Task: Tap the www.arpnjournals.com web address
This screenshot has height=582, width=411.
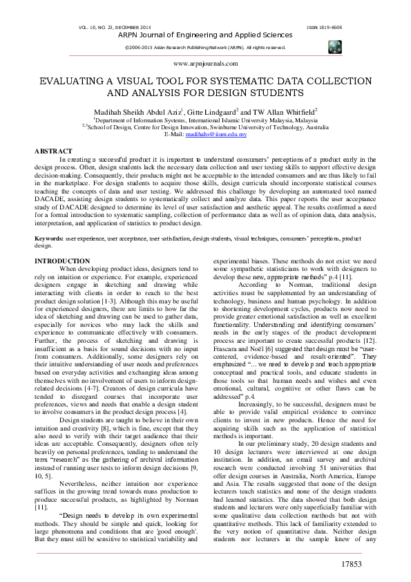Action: coord(205,63)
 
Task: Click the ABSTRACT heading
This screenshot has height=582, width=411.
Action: coord(53,150)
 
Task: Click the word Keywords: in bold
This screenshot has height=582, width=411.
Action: coord(49,218)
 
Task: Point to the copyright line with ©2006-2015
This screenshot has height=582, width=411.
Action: coord(204,47)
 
